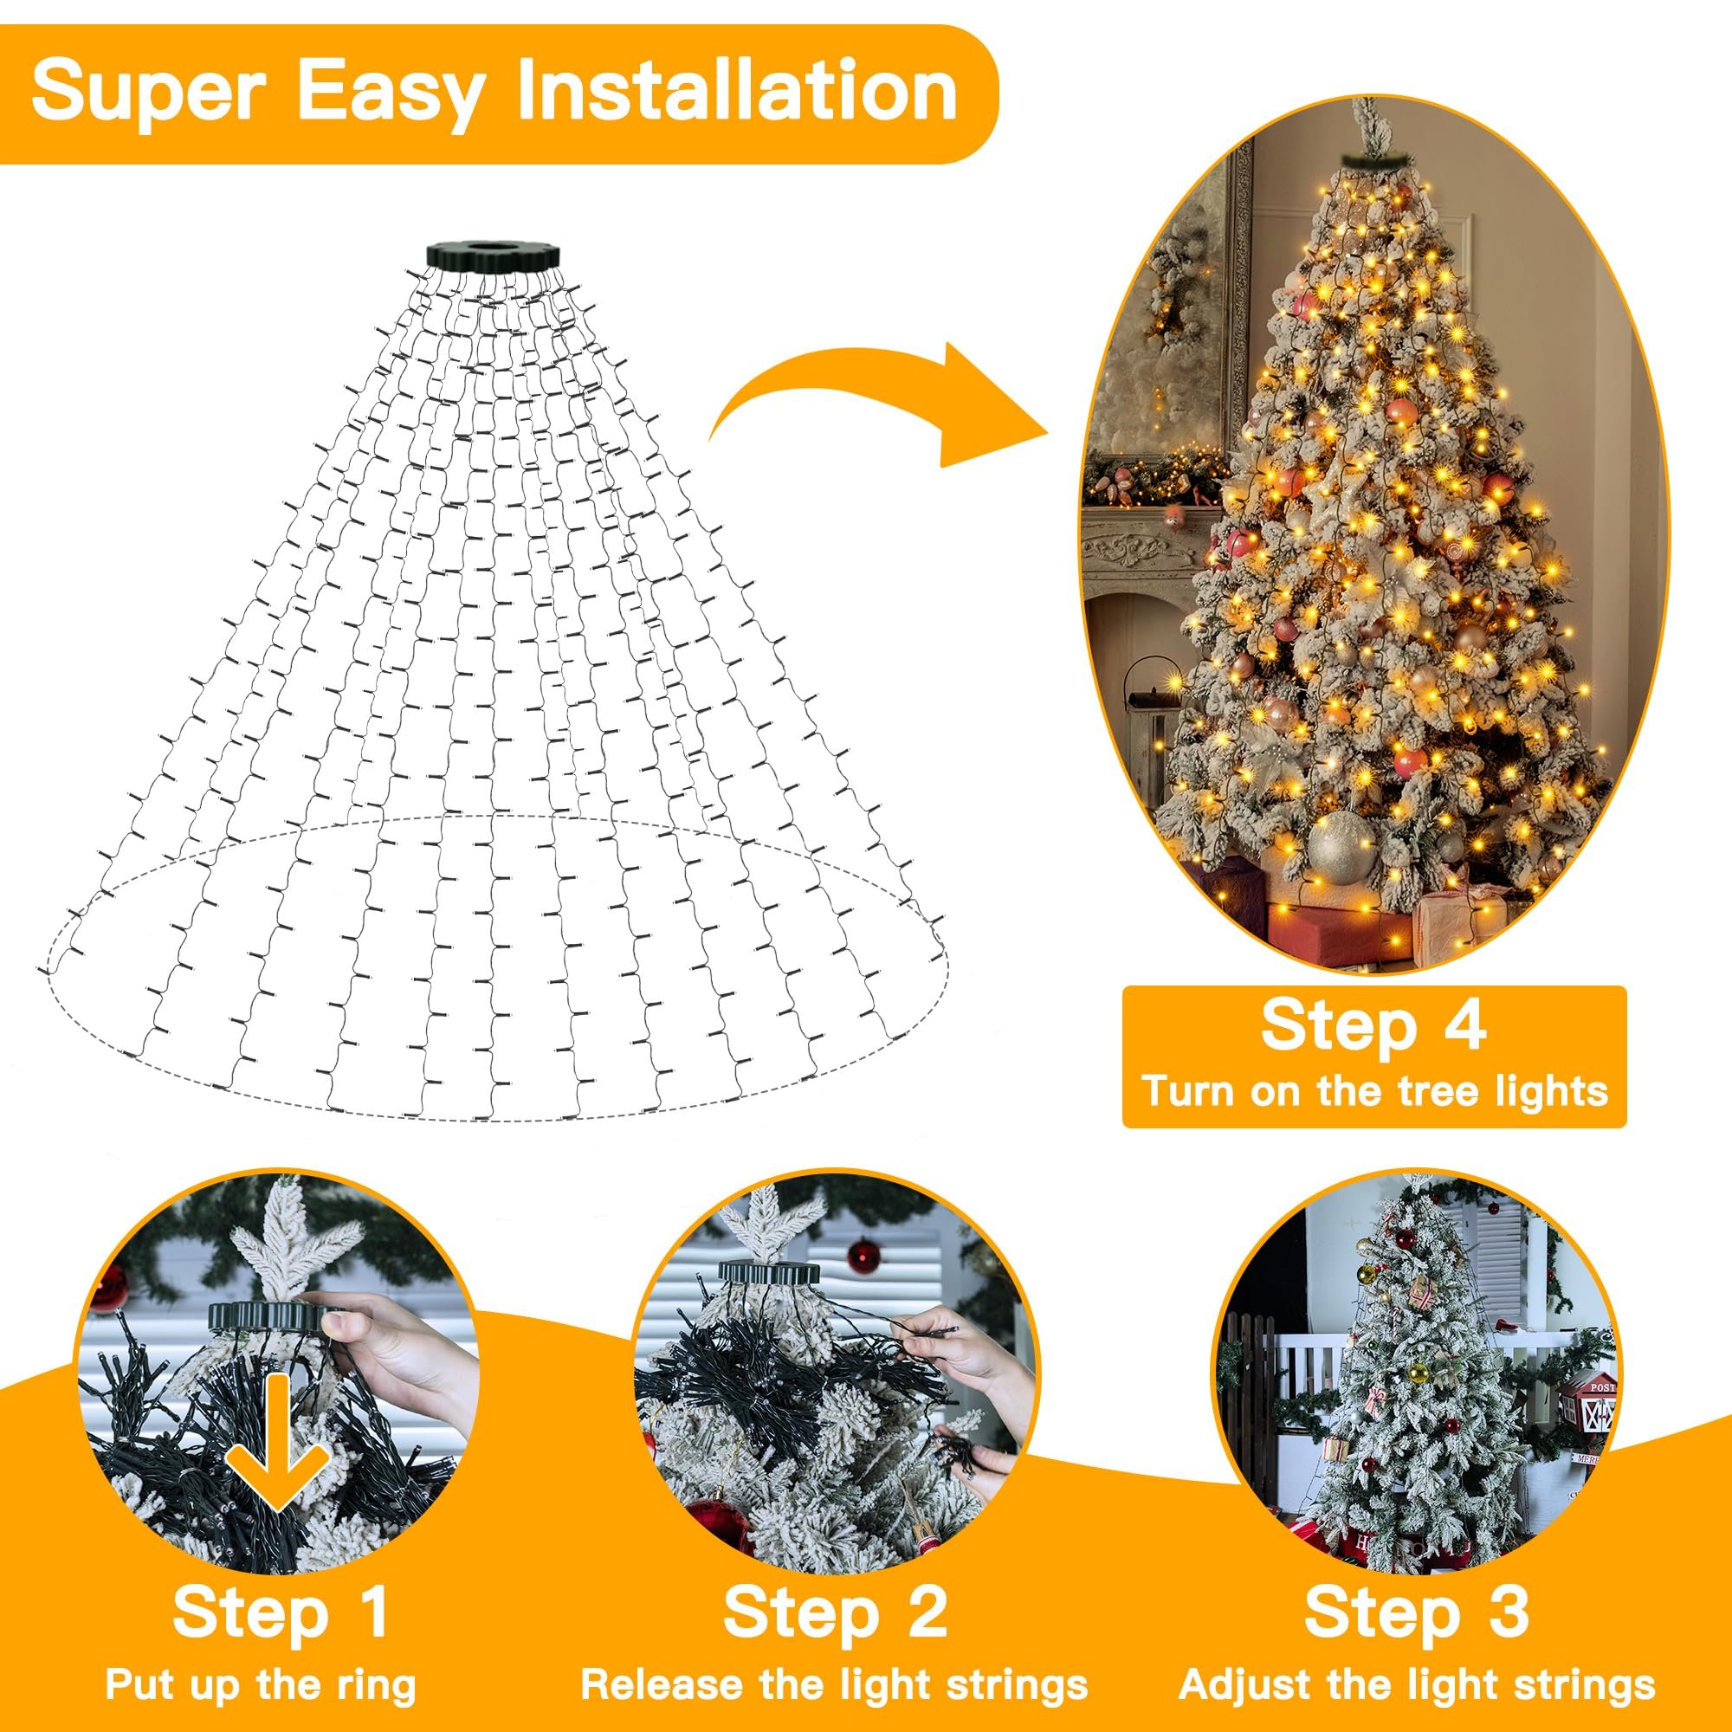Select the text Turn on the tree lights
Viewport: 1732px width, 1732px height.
point(1373,1091)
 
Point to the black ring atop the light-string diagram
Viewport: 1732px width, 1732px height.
point(492,253)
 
